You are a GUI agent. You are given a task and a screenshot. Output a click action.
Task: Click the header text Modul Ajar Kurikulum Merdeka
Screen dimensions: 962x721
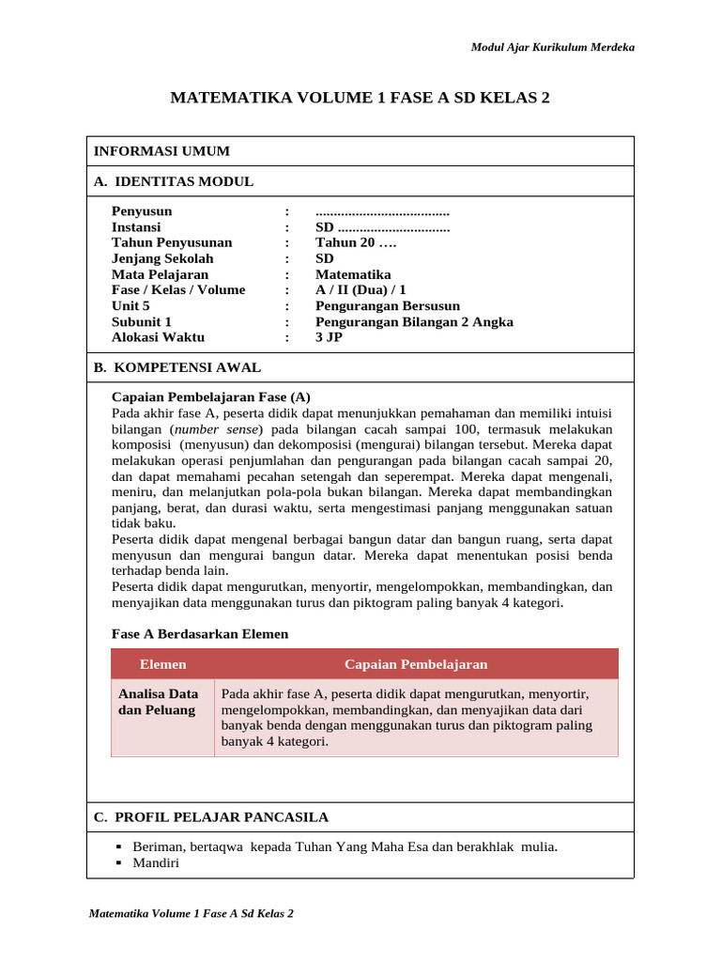[x=552, y=48]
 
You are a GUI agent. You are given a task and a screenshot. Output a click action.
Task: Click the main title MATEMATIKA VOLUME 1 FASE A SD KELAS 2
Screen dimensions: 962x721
[x=360, y=98]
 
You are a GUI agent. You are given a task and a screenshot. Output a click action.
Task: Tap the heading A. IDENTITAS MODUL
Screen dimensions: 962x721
[x=174, y=181]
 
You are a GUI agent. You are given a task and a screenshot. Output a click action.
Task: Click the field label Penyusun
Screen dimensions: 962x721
[x=142, y=211]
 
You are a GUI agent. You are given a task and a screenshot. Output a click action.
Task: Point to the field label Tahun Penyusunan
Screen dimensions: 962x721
[x=172, y=242]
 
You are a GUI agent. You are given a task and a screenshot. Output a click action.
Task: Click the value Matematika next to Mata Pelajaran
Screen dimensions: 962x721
[x=353, y=274]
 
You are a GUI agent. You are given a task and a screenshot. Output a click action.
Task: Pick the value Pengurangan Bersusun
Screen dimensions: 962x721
[x=388, y=305]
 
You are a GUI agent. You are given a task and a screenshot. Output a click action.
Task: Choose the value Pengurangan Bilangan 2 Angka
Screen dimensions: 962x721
[x=414, y=321]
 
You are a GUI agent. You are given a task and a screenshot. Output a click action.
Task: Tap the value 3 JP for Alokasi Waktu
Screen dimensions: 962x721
[x=329, y=337]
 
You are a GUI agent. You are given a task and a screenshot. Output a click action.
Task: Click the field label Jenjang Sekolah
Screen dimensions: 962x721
[x=162, y=258]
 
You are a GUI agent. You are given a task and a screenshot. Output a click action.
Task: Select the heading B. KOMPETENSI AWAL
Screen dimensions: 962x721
[x=177, y=367]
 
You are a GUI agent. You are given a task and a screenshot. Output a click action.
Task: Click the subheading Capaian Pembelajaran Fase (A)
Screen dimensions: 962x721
[x=210, y=396]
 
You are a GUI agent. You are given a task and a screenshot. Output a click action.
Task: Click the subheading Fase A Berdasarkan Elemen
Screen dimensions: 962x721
[x=200, y=634]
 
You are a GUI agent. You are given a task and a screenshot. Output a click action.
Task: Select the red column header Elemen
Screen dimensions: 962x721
[x=162, y=664]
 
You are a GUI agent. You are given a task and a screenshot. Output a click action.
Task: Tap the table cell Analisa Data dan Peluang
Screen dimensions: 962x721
[x=158, y=702]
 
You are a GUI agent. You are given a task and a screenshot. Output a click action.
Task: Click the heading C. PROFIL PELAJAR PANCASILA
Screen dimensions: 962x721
[x=211, y=817]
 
